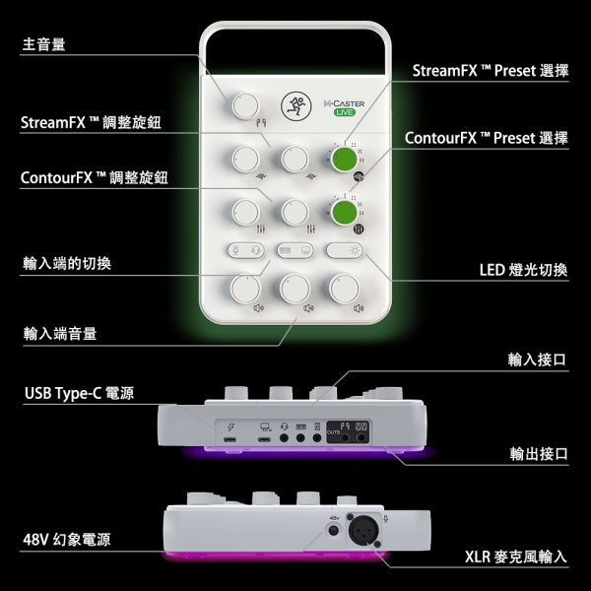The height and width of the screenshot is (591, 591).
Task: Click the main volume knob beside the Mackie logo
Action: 245,105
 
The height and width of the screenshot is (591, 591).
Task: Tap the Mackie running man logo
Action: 295,106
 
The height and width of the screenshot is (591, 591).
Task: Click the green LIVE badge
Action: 345,112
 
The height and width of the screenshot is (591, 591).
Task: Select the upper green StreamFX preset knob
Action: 345,159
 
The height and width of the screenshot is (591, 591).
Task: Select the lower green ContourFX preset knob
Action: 345,212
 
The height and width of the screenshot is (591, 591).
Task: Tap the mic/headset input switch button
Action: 246,250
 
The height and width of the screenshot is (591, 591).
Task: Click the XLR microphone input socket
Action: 363,530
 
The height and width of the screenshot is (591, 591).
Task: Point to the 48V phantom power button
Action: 334,531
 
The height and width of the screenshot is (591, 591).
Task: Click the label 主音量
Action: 43,44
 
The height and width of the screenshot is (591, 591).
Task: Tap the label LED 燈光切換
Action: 523,270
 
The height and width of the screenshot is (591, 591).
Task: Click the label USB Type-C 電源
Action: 79,393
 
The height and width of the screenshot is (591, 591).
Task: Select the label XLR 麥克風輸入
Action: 515,557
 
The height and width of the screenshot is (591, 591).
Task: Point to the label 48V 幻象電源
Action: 66,540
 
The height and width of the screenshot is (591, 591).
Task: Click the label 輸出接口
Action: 539,454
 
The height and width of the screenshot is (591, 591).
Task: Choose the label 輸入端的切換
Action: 67,263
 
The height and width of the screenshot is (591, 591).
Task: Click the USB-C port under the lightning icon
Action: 230,440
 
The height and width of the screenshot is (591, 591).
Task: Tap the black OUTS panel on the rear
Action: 348,432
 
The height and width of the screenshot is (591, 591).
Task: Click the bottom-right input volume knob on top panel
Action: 345,289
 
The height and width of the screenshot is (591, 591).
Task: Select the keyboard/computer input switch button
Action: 295,250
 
